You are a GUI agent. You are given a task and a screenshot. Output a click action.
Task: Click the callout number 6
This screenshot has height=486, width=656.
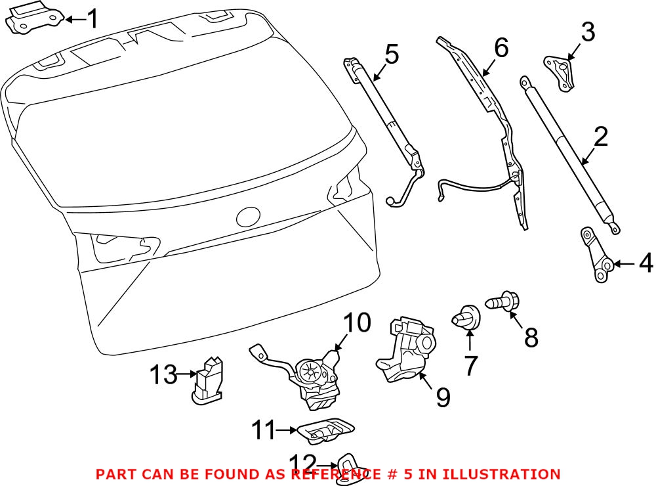pos(501,47)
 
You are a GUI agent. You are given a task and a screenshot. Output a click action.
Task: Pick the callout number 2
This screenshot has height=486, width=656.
pos(600,139)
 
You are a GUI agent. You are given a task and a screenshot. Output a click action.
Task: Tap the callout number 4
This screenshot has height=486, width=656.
pos(646,265)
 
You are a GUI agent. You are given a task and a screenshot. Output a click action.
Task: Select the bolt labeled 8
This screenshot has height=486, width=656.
pos(501,303)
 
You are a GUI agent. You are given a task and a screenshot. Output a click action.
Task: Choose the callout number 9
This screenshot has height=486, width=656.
pos(443,396)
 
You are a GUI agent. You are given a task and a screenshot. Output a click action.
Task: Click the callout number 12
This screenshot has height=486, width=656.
pos(302,463)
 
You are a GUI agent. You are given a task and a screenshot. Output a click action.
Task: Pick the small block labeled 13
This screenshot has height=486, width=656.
pos(207,378)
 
